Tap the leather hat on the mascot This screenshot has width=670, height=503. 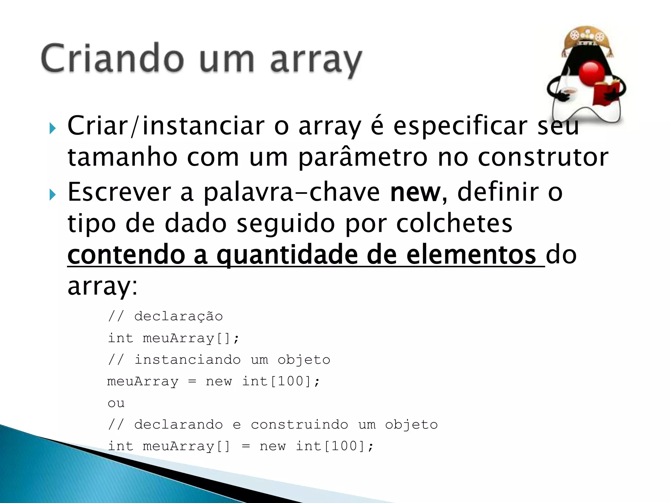(587, 39)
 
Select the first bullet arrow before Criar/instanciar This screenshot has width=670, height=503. (52, 128)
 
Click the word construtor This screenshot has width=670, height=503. (543, 157)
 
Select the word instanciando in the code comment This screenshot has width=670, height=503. (188, 360)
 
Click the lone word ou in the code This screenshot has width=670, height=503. (116, 403)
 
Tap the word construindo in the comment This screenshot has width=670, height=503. (299, 425)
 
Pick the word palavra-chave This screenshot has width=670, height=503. (291, 193)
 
